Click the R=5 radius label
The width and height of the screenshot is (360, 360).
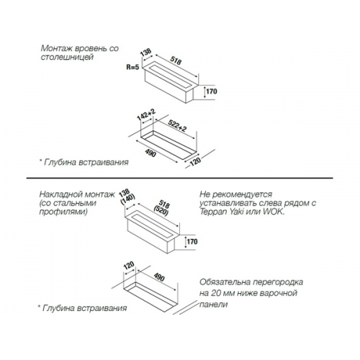[132, 67]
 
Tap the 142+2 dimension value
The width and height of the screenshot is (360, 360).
[146, 114]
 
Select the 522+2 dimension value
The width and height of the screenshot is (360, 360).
[177, 125]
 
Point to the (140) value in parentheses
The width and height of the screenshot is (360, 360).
[128, 199]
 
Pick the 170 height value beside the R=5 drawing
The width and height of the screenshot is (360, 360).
[212, 91]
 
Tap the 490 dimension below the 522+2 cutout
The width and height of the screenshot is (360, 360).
[150, 153]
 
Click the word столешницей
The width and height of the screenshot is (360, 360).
[67, 58]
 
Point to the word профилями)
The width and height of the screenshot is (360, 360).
[63, 212]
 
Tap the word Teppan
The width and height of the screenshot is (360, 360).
[211, 212]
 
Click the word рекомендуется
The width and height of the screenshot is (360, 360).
[243, 194]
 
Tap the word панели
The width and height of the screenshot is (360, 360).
[214, 305]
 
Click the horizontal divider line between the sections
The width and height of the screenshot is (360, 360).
[179, 178]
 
